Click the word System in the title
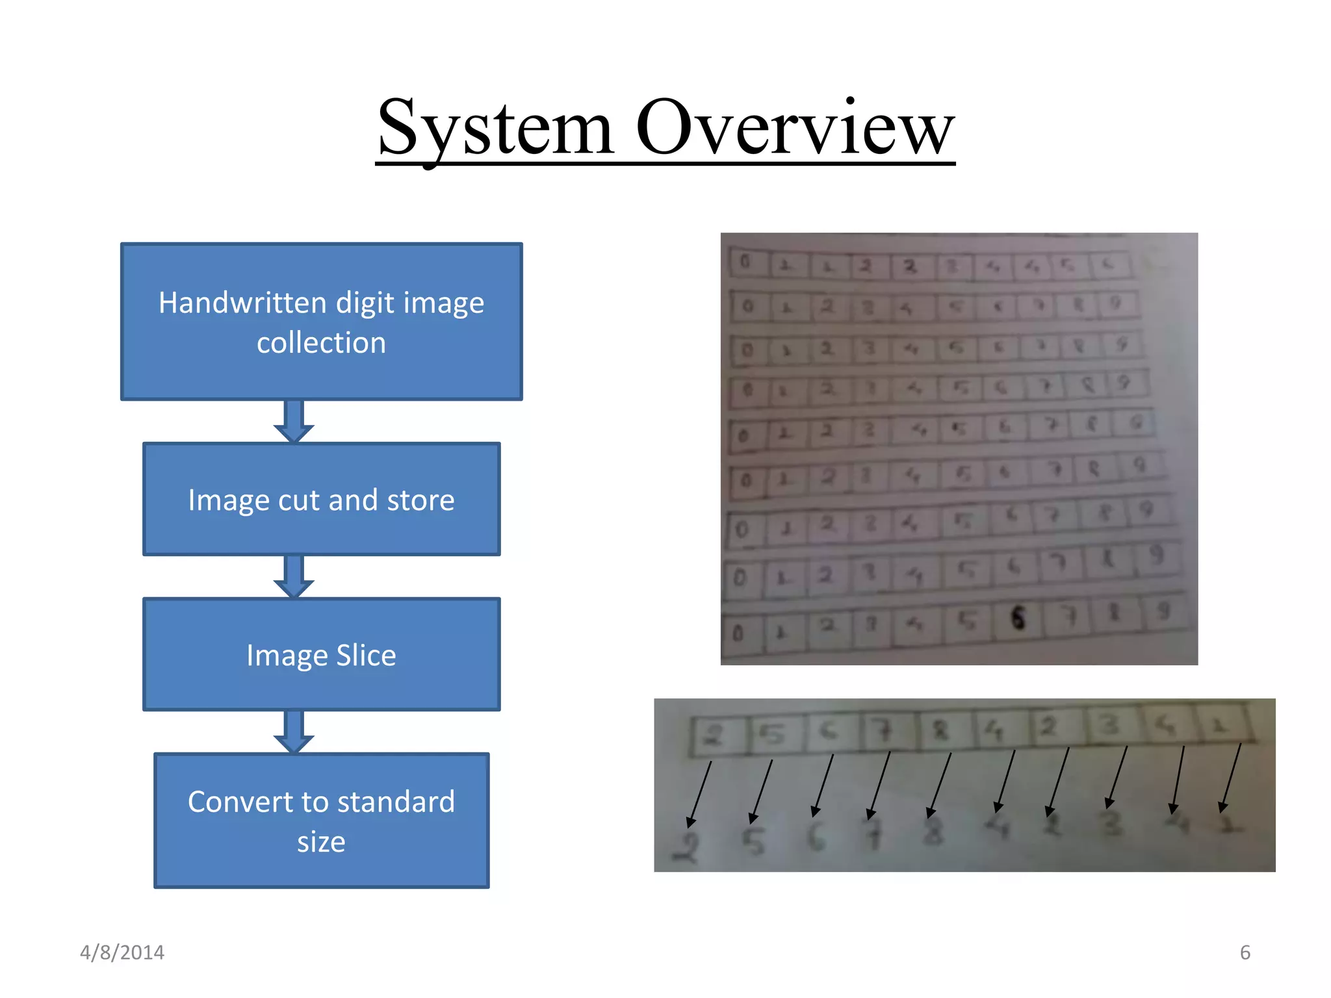pos(495,128)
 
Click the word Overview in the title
pos(795,128)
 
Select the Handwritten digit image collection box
pos(321,322)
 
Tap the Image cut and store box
pos(321,499)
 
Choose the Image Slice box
pos(321,654)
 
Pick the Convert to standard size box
pos(321,821)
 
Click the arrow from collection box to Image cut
pos(294,421)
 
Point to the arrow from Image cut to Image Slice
pos(294,576)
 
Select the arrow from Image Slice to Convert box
pos(294,732)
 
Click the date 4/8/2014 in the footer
pos(122,953)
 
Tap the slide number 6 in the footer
pos(1245,953)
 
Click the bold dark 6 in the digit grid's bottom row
pos(1018,618)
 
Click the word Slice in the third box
pos(366,655)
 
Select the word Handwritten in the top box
pos(242,303)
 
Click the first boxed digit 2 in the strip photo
pos(714,735)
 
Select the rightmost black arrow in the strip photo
pos(1231,778)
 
